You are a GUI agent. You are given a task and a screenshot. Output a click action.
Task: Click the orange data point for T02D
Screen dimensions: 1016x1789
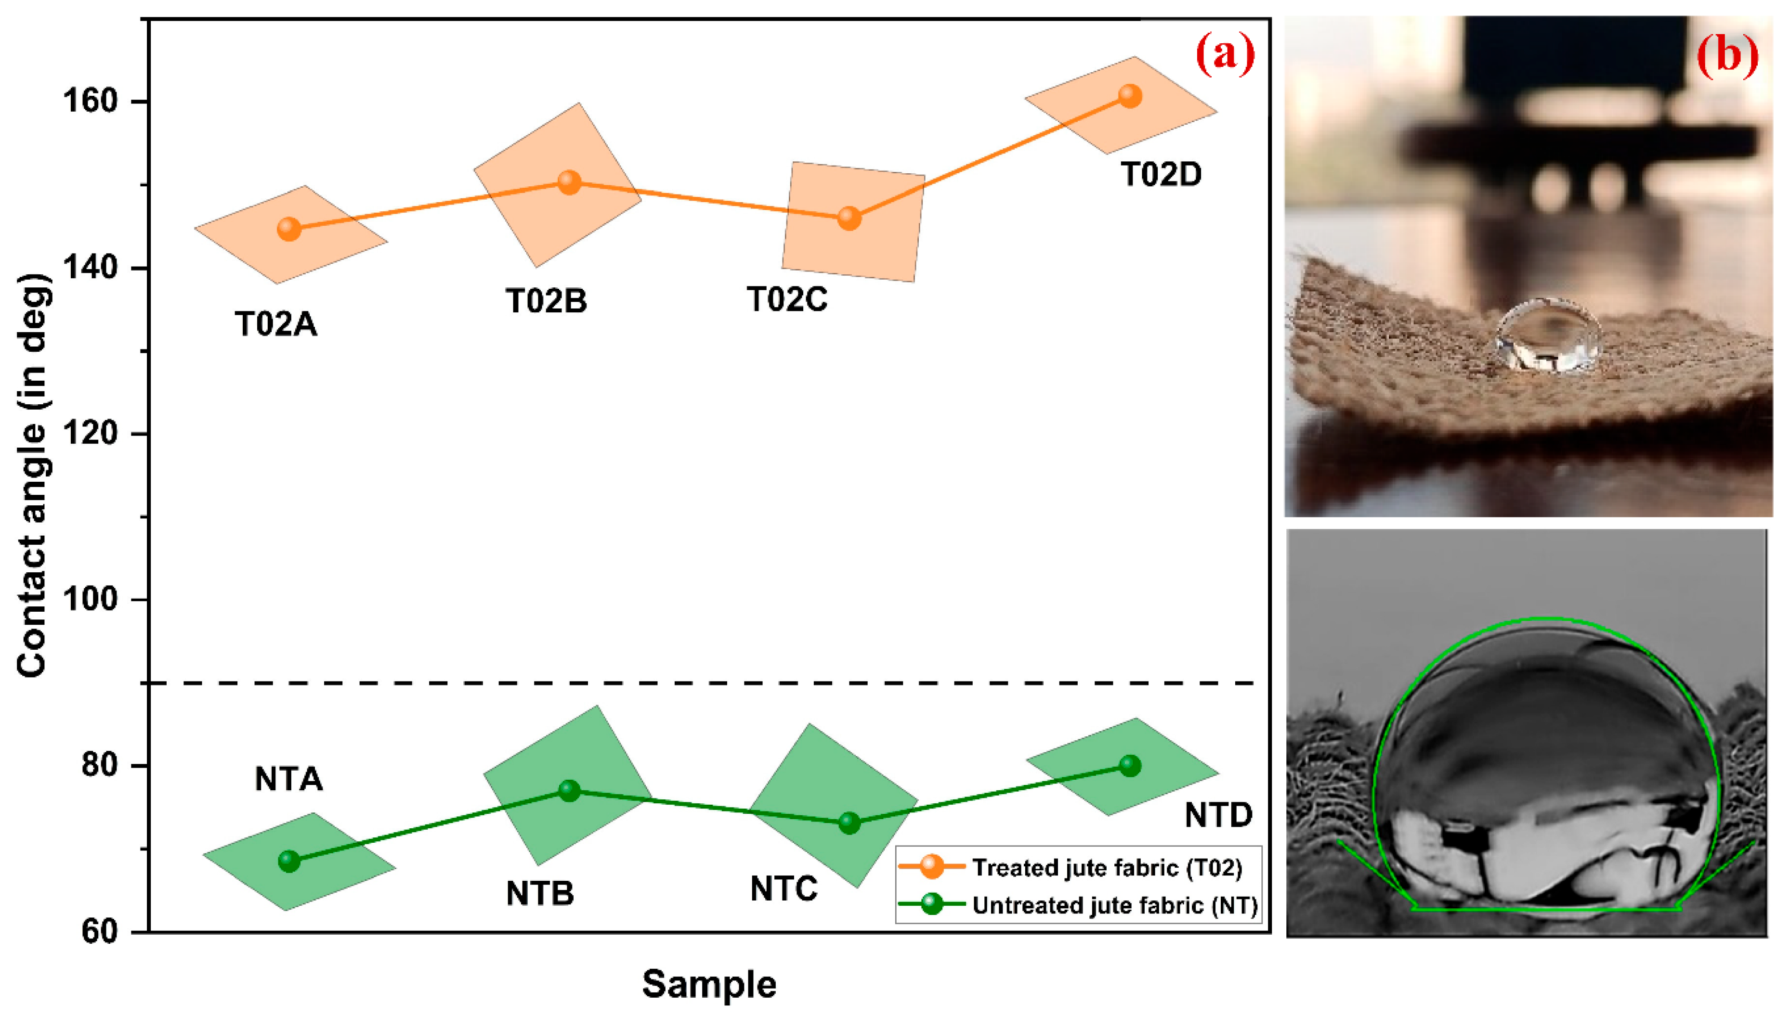click(x=1129, y=96)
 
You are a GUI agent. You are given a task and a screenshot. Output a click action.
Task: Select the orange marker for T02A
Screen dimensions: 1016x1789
click(x=289, y=229)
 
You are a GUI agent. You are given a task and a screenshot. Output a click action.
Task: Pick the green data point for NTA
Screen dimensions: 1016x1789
click(x=289, y=861)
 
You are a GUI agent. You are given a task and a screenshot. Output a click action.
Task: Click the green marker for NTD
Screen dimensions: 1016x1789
click(x=1129, y=765)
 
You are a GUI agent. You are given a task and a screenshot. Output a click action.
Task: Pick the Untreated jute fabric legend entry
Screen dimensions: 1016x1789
click(x=1114, y=905)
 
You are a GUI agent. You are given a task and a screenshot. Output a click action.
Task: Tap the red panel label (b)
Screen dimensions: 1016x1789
click(x=1727, y=55)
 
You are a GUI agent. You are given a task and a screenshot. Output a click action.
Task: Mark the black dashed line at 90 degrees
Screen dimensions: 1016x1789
click(x=698, y=682)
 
